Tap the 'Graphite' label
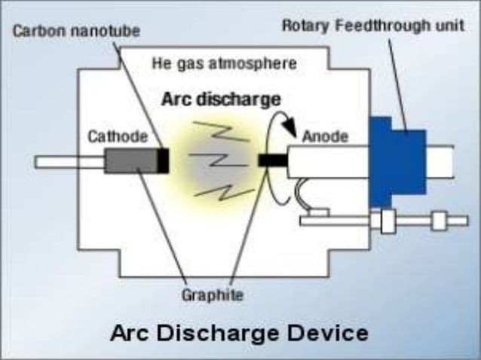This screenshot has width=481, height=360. tap(213, 294)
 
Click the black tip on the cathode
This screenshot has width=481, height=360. tap(162, 161)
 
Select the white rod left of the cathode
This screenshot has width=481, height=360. tap(68, 161)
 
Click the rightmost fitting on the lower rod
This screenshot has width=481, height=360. tap(438, 221)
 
